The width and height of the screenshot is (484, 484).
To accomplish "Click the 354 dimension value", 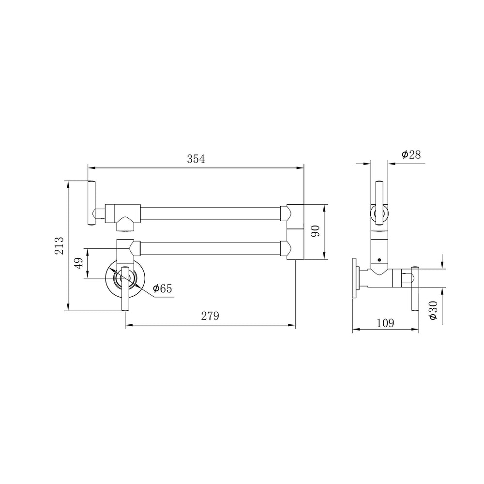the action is pyautogui.click(x=196, y=159).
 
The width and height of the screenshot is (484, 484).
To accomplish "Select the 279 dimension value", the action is pyautogui.click(x=210, y=316).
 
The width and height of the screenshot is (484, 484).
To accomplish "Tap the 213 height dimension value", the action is pyautogui.click(x=59, y=246).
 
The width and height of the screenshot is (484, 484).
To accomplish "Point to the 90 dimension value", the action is pyautogui.click(x=315, y=231).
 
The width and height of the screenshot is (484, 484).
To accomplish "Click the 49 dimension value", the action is pyautogui.click(x=79, y=263).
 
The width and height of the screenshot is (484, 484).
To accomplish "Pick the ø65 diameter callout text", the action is pyautogui.click(x=162, y=288).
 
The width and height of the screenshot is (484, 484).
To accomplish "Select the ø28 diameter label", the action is pyautogui.click(x=411, y=154).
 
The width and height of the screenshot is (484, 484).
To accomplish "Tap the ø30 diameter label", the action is pyautogui.click(x=433, y=310).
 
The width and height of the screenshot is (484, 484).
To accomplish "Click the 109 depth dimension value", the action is pyautogui.click(x=385, y=323).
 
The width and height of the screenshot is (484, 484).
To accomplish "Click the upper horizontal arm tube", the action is pyautogui.click(x=210, y=213).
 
